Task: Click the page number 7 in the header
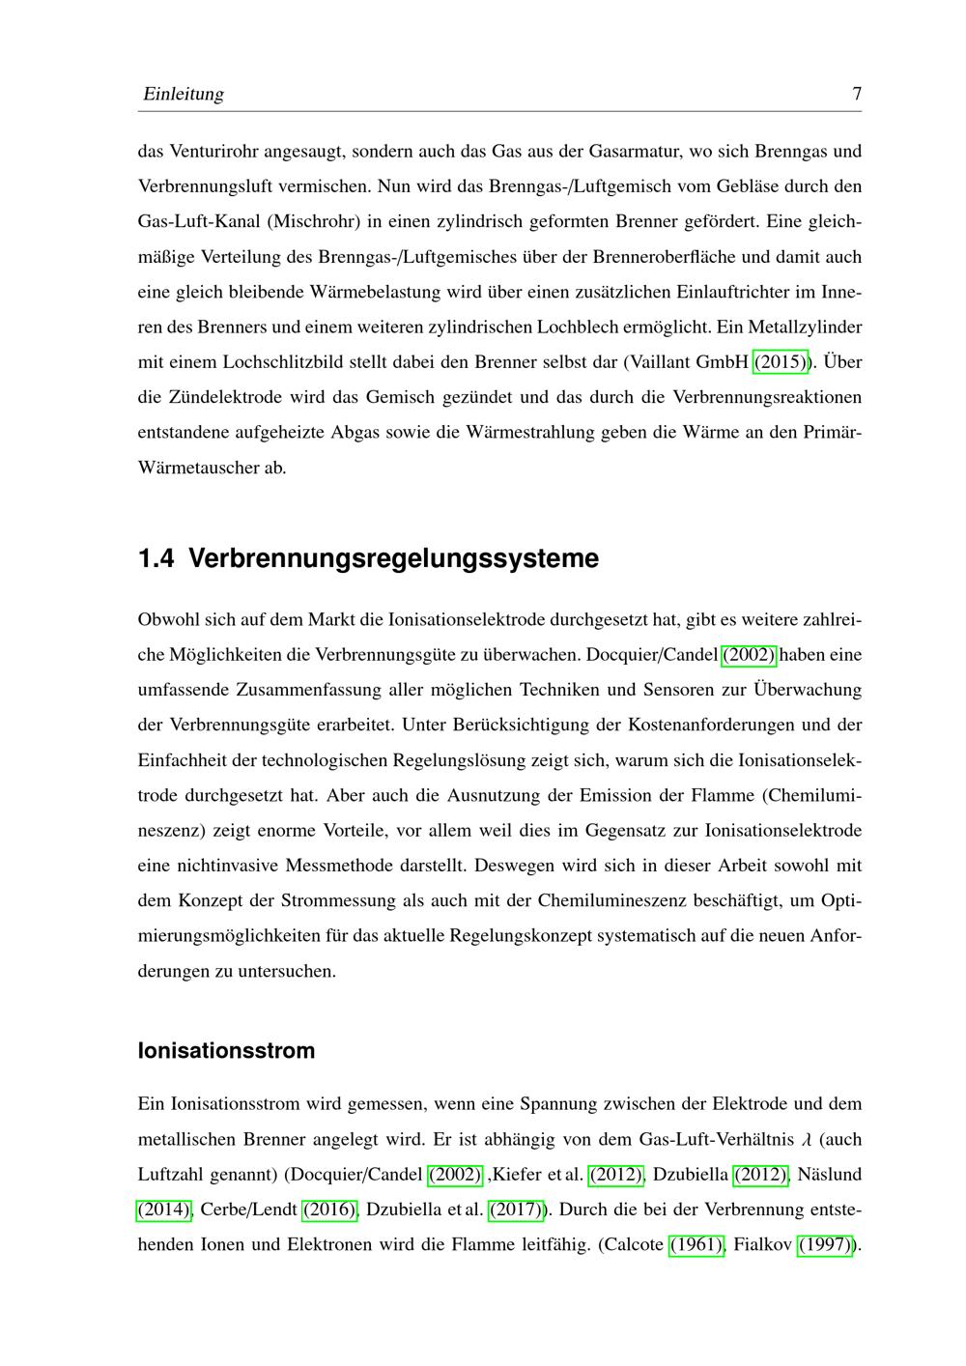(x=857, y=94)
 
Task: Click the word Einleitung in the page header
(x=183, y=94)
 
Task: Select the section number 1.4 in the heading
(x=156, y=558)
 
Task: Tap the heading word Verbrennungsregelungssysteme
(x=394, y=558)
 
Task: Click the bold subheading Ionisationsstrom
(x=226, y=1050)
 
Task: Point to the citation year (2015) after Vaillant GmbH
(x=781, y=362)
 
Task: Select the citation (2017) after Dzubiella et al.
(x=517, y=1209)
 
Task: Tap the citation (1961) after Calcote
(x=696, y=1244)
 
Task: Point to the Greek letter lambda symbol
(x=807, y=1140)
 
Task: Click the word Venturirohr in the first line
(x=212, y=152)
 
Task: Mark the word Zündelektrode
(x=228, y=397)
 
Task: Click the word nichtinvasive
(x=228, y=866)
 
